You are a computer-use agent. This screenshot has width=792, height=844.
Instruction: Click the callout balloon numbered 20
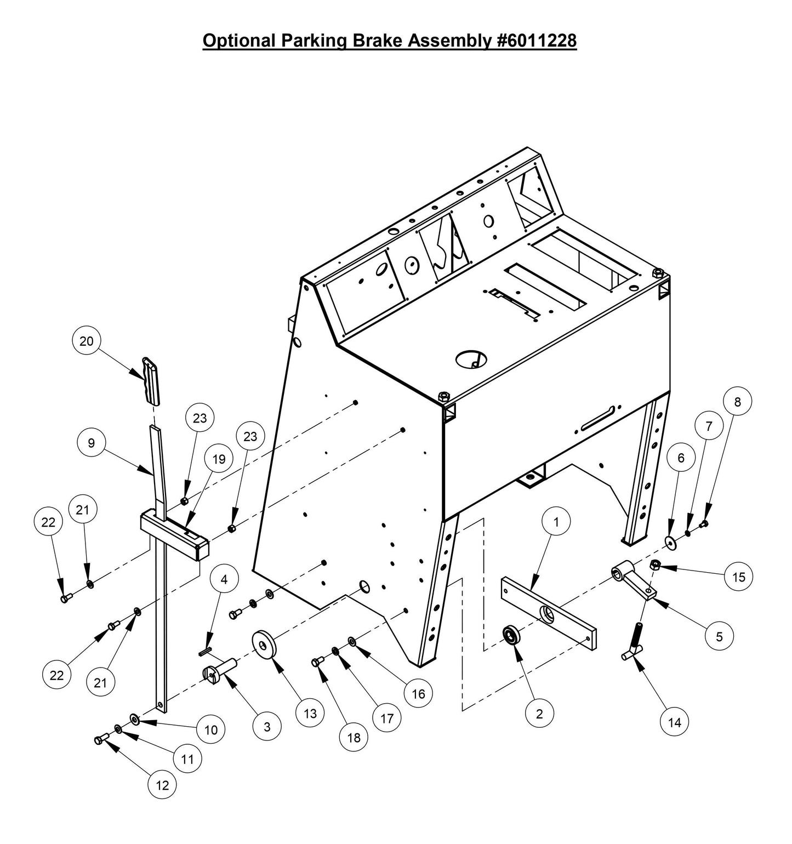point(87,341)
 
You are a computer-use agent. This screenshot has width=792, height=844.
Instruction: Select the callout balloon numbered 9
point(92,443)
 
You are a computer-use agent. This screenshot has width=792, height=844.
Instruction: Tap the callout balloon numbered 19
point(219,459)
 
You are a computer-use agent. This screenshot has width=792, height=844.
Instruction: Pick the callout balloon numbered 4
point(224,580)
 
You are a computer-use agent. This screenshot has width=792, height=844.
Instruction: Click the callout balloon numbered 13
point(310,713)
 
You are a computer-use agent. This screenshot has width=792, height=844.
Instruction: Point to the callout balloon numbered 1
point(556,522)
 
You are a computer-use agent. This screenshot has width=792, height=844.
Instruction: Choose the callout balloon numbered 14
point(675,722)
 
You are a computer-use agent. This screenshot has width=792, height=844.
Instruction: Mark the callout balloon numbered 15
point(738,577)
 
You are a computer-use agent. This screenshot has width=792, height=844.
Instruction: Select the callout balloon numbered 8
point(737,402)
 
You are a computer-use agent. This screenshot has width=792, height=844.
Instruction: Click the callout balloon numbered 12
point(162,785)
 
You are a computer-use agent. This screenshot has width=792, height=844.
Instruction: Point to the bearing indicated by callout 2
point(512,636)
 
